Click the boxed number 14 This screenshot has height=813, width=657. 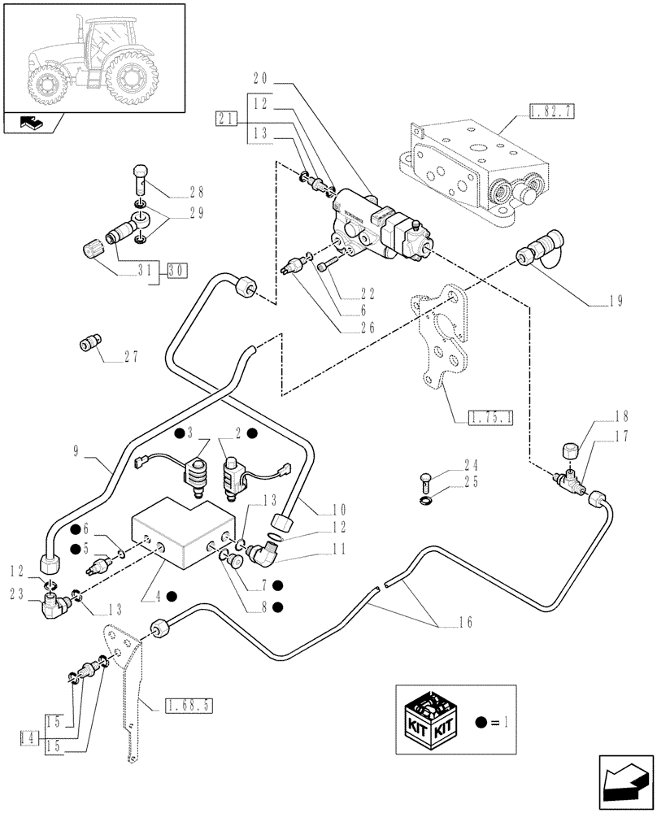click(x=30, y=737)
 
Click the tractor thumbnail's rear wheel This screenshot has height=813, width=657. click(x=130, y=79)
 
